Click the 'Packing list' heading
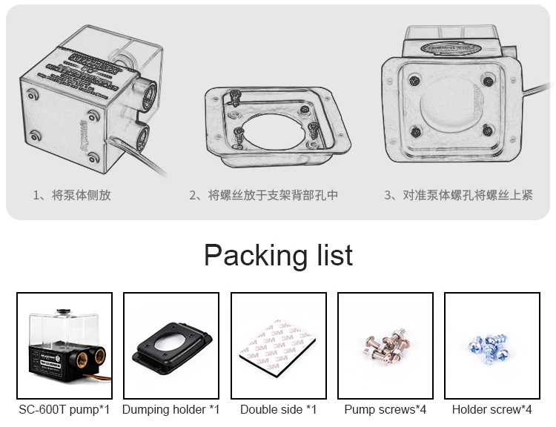[278, 255]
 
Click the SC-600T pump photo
[64, 345]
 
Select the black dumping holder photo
[171, 345]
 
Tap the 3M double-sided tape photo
[278, 345]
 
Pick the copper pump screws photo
[385, 345]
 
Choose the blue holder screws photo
[492, 345]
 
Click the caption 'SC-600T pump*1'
[64, 409]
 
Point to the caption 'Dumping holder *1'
[171, 409]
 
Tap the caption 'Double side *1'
[278, 409]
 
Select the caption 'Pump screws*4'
[385, 409]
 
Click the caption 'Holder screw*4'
[492, 409]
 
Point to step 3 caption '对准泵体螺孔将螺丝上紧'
[458, 195]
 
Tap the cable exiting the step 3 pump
[537, 90]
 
